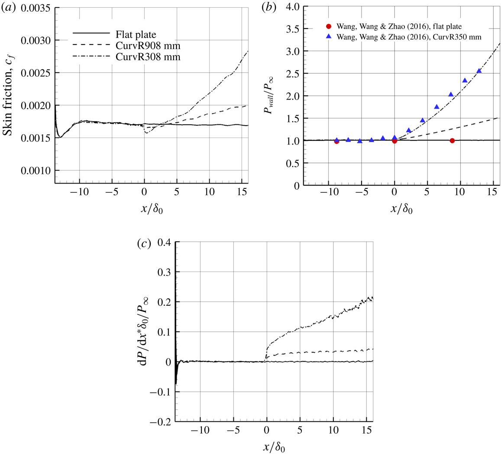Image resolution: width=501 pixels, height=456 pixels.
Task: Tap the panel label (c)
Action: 144,244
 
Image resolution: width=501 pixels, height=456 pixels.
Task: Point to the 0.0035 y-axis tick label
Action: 36,8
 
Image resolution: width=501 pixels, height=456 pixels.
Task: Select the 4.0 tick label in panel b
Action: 291,7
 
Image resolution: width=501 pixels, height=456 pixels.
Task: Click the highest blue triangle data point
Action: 479,71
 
